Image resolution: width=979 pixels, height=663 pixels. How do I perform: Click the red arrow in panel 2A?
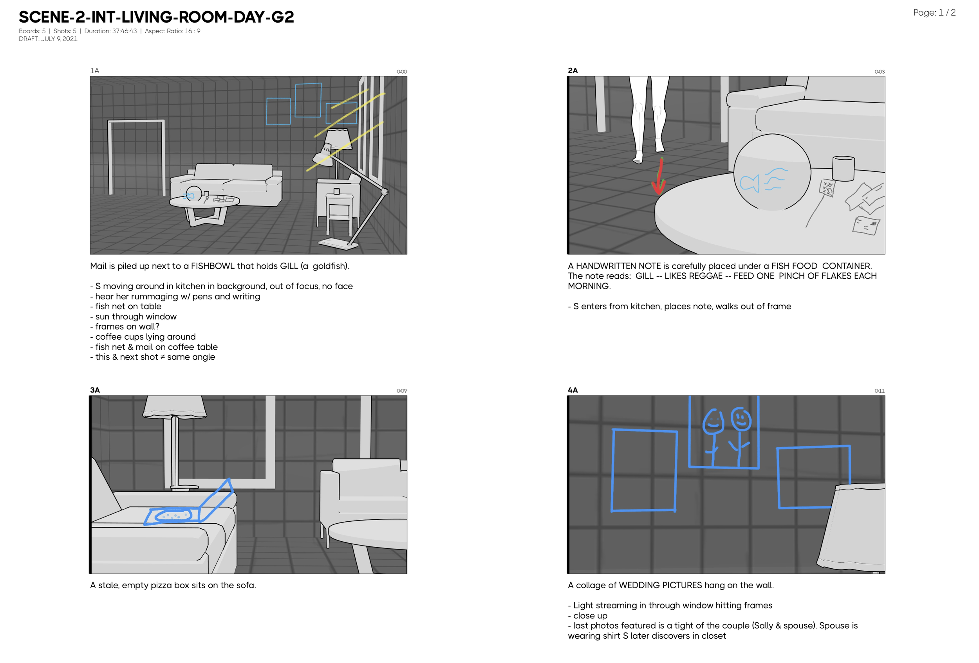(659, 177)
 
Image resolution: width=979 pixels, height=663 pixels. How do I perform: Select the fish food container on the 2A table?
(843, 169)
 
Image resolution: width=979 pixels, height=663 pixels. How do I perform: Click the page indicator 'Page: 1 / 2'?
(934, 13)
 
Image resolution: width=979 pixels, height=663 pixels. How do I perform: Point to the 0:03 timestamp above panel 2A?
(879, 72)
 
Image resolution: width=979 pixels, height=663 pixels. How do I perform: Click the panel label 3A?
(95, 390)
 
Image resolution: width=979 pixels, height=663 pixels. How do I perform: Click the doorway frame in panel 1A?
(136, 156)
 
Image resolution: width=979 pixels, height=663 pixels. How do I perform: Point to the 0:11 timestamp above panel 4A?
(879, 391)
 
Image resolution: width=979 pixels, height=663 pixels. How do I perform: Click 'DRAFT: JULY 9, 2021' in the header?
(48, 39)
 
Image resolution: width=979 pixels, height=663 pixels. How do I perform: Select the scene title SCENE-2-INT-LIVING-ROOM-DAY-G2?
(156, 17)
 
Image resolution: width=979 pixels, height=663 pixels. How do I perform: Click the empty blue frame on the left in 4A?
(644, 470)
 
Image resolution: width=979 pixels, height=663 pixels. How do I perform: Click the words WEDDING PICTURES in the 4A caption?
(660, 586)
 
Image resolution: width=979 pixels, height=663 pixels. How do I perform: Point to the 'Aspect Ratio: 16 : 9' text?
(172, 31)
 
